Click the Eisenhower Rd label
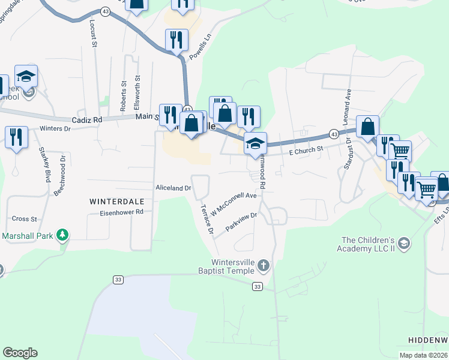click(x=122, y=212)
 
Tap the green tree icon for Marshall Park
click(x=62, y=234)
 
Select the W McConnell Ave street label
click(x=234, y=199)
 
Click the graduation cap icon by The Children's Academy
click(x=404, y=243)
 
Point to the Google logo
click(x=20, y=353)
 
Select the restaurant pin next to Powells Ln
click(x=177, y=41)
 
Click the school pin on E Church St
click(x=255, y=143)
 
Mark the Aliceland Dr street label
click(x=173, y=188)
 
